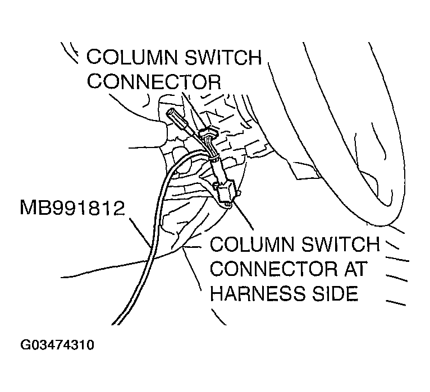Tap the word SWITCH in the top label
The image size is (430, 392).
tap(225, 58)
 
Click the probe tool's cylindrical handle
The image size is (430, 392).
tap(176, 118)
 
